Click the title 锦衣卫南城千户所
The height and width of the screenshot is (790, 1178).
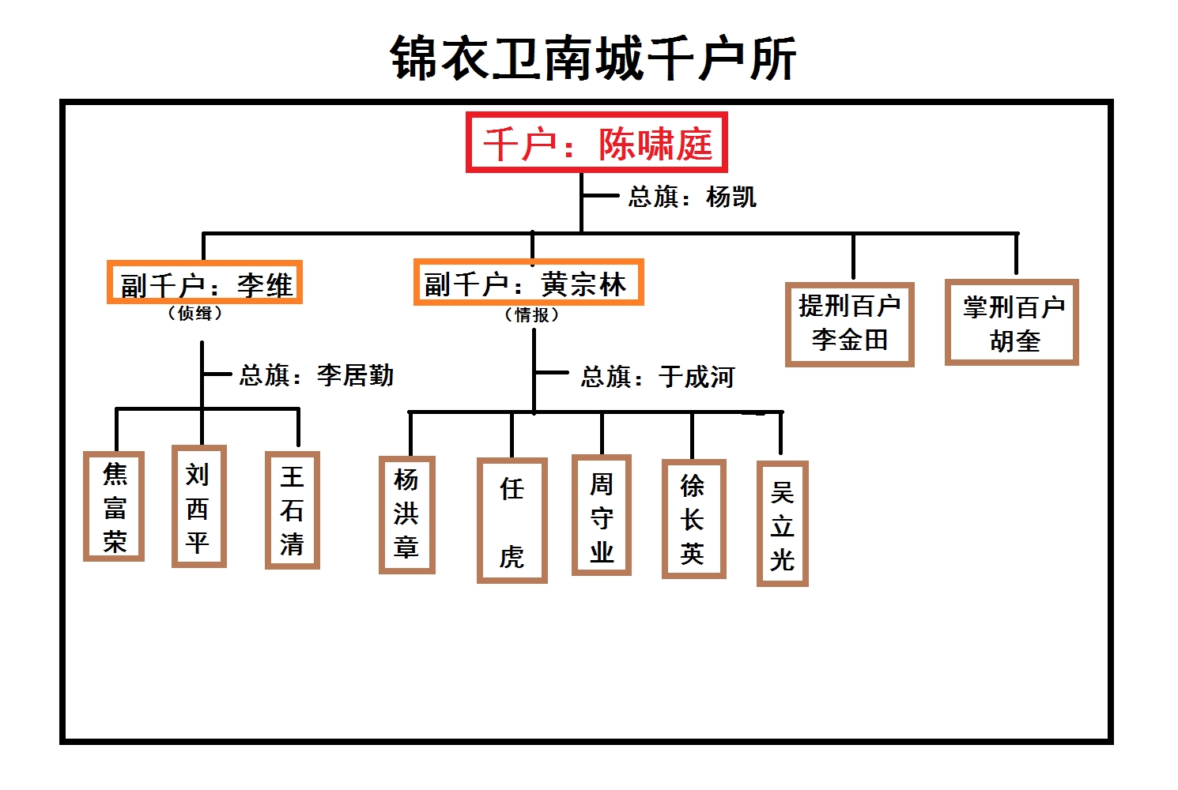tap(593, 58)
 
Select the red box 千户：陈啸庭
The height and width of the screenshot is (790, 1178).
tap(597, 143)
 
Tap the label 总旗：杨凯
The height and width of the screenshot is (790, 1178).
tap(692, 197)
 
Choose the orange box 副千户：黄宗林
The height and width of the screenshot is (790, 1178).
tap(528, 283)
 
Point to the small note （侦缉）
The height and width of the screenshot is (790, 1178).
tap(194, 314)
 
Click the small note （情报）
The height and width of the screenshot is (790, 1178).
tap(531, 315)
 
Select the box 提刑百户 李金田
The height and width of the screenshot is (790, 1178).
tap(850, 324)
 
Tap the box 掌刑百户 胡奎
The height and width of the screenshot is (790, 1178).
tap(1012, 323)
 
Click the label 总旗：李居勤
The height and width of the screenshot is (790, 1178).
tap(316, 375)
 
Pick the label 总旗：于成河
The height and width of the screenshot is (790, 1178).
tap(658, 377)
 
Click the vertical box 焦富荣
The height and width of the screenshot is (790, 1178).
tap(115, 506)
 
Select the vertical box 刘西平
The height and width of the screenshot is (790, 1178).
tap(198, 506)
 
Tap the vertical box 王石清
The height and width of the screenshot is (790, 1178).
tap(293, 510)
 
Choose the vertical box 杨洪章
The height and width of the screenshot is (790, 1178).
tap(406, 514)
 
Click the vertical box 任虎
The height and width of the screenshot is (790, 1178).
tap(512, 521)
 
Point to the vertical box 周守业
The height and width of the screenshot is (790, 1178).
tap(602, 515)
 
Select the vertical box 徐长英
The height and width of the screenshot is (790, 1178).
tap(693, 519)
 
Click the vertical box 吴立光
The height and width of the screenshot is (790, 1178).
tap(783, 524)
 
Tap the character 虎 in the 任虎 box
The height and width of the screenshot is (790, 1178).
tap(512, 557)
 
